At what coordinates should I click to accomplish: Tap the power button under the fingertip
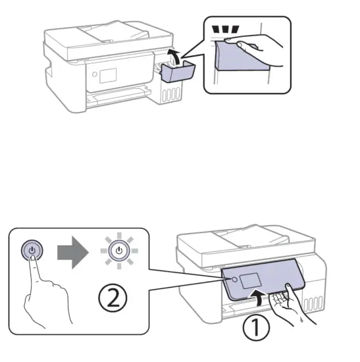pos(33,251)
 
